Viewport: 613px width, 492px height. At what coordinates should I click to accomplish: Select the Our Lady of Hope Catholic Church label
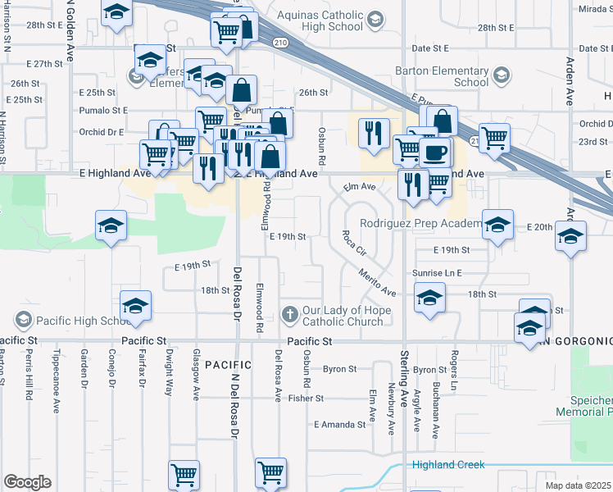tap(343, 316)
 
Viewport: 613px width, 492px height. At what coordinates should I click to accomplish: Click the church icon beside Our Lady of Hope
tap(289, 314)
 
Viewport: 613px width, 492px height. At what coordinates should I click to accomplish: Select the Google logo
tap(27, 482)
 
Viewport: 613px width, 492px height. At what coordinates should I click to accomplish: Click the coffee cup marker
tap(434, 152)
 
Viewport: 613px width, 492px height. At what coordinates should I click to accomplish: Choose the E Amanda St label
tap(339, 425)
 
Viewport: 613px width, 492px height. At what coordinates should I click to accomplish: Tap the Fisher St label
tap(306, 399)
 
